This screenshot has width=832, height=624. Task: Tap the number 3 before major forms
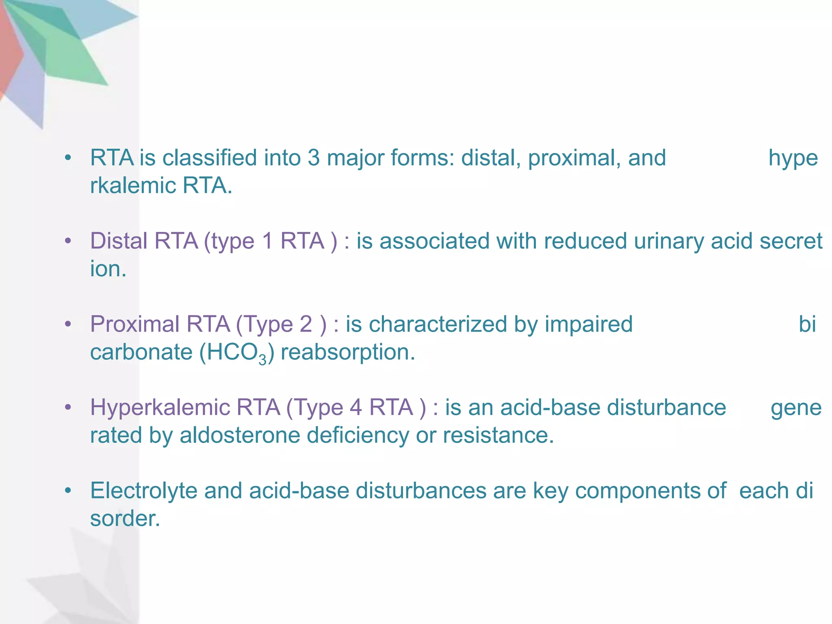click(314, 158)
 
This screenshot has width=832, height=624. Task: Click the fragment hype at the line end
click(793, 158)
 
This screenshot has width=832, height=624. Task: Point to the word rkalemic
click(133, 186)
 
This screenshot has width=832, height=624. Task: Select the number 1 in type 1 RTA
click(267, 241)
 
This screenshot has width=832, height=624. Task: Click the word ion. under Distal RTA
click(108, 269)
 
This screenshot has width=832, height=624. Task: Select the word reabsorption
click(348, 353)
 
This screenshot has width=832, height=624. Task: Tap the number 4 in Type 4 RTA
click(356, 408)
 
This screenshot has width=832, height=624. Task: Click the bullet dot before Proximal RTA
click(68, 324)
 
